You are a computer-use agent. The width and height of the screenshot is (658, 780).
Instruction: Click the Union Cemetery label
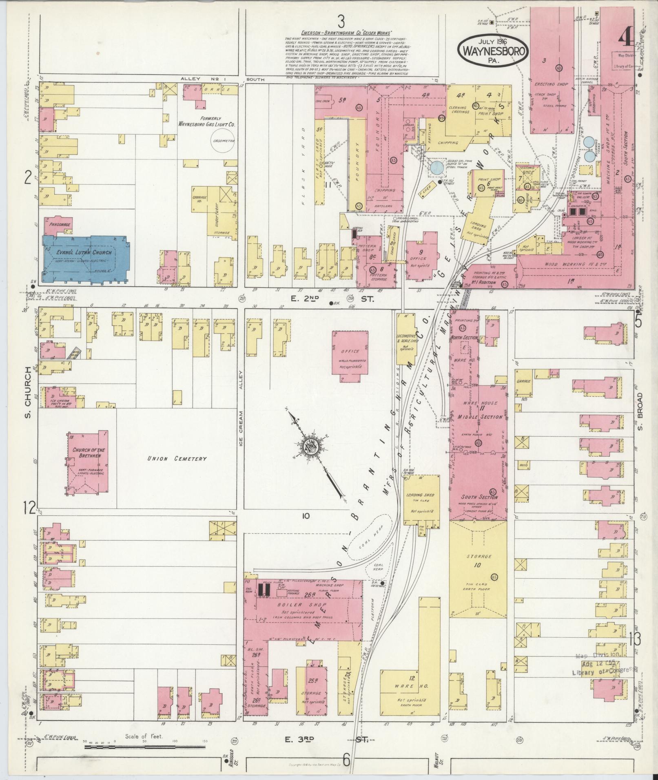click(x=177, y=459)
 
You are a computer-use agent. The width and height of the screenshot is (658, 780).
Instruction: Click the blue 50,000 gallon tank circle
click(x=437, y=167)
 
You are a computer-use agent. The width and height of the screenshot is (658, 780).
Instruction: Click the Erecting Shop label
click(x=550, y=84)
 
